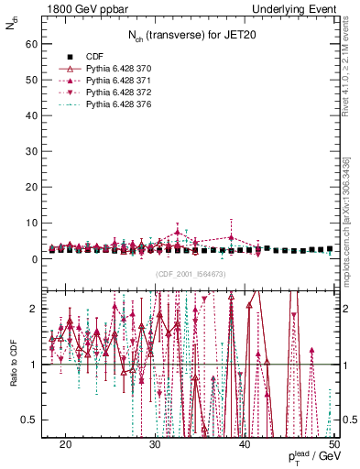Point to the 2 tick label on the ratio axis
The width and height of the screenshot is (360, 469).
click(x=38, y=310)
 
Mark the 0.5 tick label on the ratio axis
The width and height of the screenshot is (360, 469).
click(x=33, y=420)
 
